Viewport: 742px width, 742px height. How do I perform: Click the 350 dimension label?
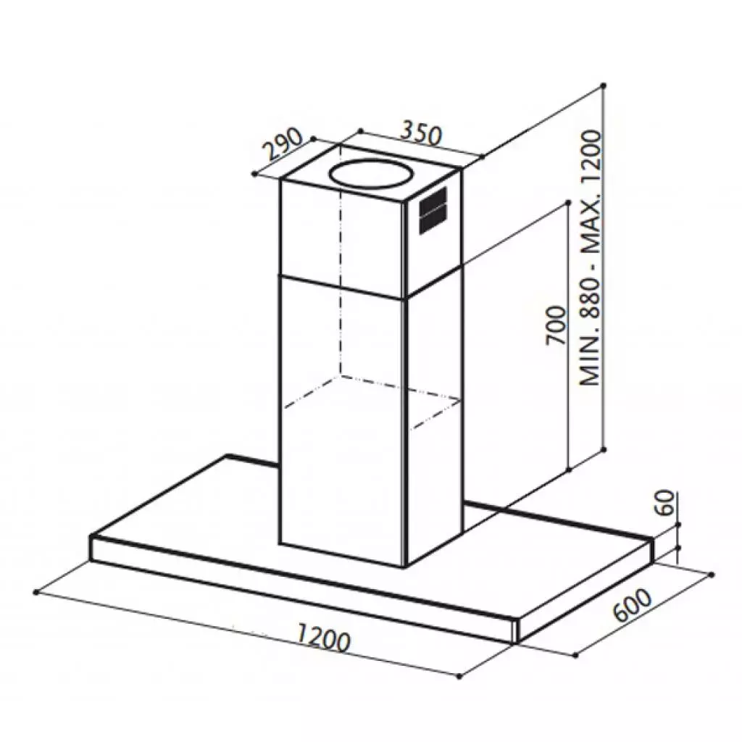[x=421, y=133]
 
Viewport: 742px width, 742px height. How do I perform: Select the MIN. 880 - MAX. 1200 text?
[x=591, y=258]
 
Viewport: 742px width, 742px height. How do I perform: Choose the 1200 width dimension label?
[x=323, y=638]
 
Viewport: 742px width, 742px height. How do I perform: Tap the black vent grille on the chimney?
[x=433, y=210]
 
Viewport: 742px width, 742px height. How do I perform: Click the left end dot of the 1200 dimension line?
[x=36, y=592]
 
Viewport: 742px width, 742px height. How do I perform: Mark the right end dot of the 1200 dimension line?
[x=459, y=676]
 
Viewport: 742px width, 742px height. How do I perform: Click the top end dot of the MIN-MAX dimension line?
[x=604, y=86]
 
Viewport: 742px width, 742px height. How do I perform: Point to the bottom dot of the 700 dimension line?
[x=570, y=469]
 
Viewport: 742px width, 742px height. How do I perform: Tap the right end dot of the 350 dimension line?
[x=483, y=155]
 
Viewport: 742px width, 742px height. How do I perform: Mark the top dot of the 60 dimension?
[x=678, y=524]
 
